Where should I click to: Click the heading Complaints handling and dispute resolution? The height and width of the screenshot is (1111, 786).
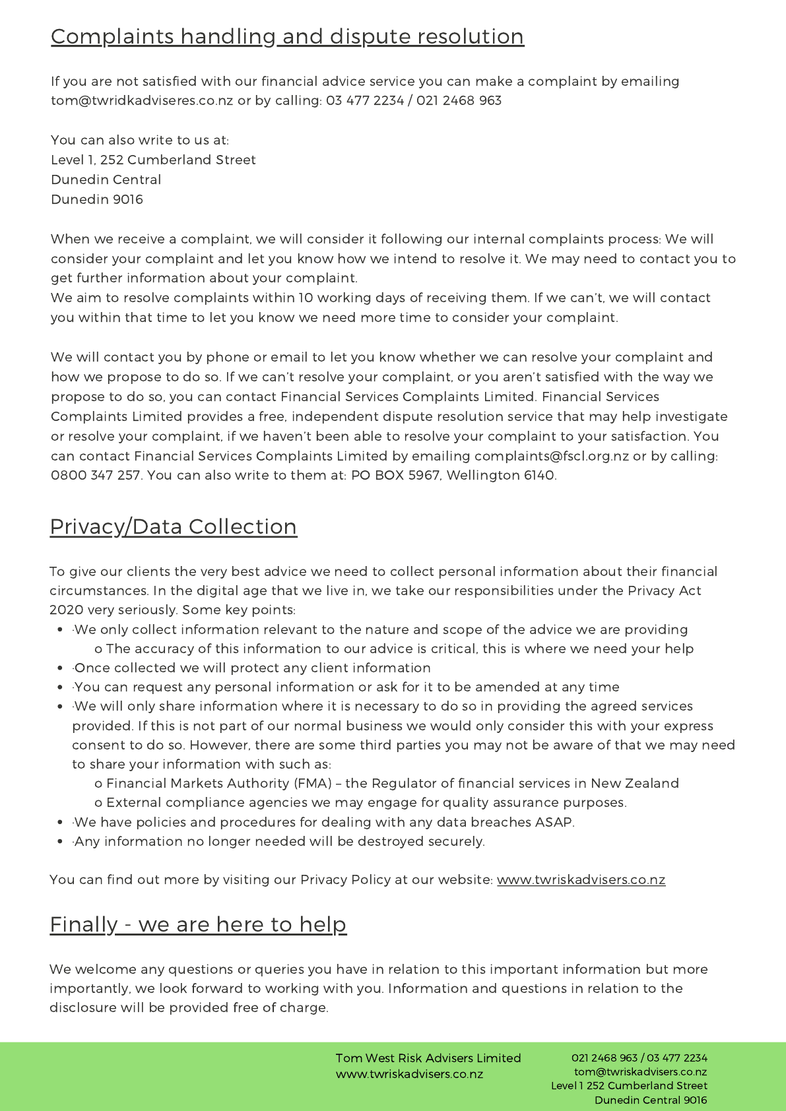pos(287,37)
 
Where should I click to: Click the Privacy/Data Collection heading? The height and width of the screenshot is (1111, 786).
pos(173,527)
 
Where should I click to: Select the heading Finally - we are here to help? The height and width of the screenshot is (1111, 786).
pos(198,925)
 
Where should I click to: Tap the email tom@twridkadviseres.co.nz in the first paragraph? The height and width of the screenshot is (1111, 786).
pos(142,101)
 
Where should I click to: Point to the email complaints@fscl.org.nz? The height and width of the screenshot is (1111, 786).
pos(551,457)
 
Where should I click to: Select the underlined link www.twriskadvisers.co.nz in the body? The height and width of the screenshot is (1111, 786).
pos(581,880)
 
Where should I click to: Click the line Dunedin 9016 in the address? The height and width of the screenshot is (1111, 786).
pos(97,200)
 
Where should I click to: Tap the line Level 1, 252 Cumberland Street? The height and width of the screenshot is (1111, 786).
pos(153,160)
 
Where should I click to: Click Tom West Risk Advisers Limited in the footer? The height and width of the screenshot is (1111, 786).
pos(428,1058)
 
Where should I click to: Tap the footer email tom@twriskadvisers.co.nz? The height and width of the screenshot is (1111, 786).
pos(640,1072)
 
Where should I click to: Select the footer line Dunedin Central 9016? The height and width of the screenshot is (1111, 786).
pos(651,1100)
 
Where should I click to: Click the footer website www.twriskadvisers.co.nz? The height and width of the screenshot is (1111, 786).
pos(409,1074)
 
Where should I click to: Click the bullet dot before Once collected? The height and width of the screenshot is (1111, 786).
pos(61,668)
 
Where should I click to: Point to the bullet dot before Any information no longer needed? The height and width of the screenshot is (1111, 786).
pos(61,842)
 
